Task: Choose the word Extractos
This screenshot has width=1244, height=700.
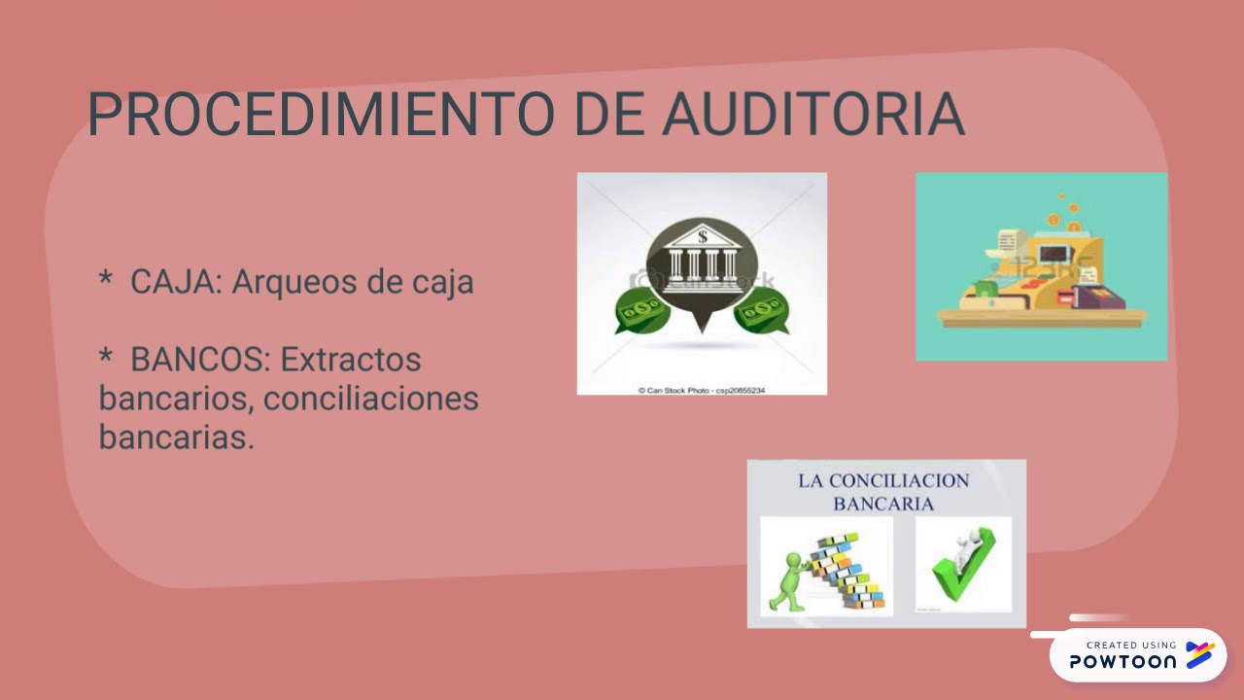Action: click(351, 360)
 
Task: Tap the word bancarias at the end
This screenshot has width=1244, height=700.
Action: click(176, 437)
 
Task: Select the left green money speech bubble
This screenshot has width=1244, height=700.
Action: click(641, 313)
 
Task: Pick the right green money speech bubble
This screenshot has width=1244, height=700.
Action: click(761, 313)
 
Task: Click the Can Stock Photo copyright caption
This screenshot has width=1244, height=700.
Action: click(701, 390)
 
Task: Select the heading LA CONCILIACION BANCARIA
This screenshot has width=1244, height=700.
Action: click(883, 492)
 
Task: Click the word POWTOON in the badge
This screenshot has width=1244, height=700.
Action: click(1123, 661)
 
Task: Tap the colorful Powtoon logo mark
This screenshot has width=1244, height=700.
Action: click(1200, 654)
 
